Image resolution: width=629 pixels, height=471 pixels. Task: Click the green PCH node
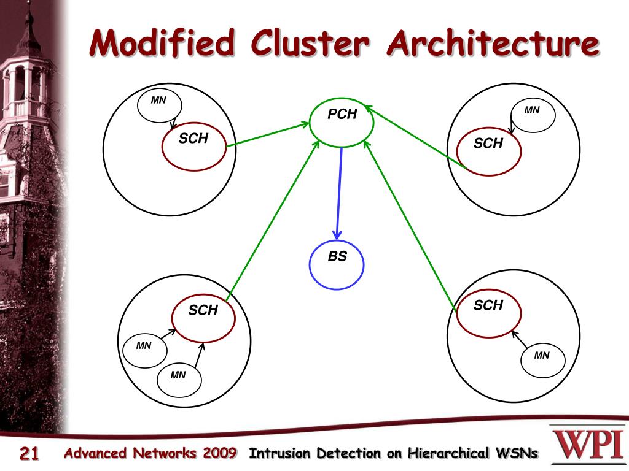[x=342, y=123]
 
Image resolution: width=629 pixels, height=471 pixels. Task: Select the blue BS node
[x=337, y=265]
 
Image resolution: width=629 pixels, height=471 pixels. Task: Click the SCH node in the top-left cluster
[x=194, y=147]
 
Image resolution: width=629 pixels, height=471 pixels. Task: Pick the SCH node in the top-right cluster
[x=489, y=151]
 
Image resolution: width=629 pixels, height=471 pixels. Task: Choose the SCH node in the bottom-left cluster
[x=203, y=318]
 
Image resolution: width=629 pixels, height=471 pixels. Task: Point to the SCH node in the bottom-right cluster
[x=489, y=313]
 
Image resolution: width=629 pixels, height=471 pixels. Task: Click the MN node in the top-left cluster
[x=160, y=105]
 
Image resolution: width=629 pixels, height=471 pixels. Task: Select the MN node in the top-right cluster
[x=533, y=115]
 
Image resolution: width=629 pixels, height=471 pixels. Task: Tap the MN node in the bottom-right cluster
[x=543, y=360]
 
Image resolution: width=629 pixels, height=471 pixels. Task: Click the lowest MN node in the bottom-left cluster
[x=179, y=380]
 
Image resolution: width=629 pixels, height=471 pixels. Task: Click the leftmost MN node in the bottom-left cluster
[x=145, y=350]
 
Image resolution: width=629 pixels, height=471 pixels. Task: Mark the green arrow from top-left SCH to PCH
[x=268, y=134]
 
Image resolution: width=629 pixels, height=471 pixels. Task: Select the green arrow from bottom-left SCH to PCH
[x=272, y=221]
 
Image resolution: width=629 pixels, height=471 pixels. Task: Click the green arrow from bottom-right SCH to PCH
[x=410, y=225]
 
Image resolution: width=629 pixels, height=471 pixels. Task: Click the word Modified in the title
[x=162, y=42]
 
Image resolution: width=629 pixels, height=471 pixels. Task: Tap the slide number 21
[x=29, y=453]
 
